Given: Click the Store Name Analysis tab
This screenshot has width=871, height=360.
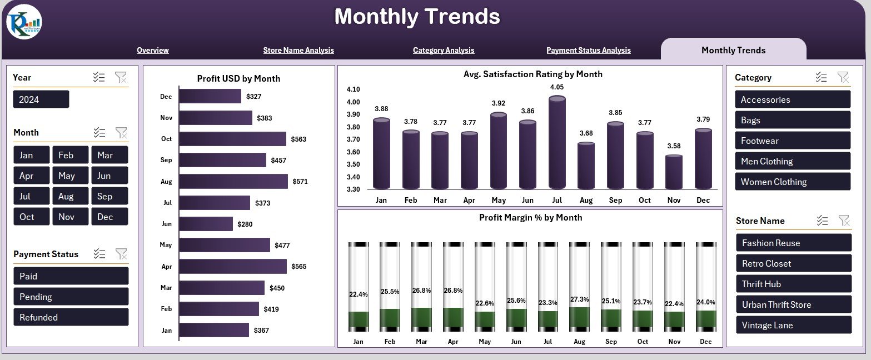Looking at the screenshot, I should tap(298, 50).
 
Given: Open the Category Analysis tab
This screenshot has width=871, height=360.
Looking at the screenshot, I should tap(443, 50).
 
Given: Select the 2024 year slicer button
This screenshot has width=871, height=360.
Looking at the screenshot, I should tap(41, 99).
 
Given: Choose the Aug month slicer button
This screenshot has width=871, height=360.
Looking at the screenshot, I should tap(71, 196).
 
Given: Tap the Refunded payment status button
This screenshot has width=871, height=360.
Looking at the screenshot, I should tap(71, 317).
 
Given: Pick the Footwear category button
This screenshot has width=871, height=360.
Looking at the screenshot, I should tap(792, 141).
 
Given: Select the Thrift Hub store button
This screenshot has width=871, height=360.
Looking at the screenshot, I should tap(793, 284).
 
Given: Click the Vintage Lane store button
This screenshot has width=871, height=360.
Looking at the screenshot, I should tap(793, 325).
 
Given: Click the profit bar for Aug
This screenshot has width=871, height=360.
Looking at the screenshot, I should tap(233, 181).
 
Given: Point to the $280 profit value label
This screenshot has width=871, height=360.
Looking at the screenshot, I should tap(245, 224).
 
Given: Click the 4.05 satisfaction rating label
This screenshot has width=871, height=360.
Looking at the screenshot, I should tap(557, 87).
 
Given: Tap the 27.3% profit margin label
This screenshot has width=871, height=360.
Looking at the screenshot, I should tap(580, 299).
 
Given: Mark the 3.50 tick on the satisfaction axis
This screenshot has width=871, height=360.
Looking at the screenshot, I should tap(353, 164).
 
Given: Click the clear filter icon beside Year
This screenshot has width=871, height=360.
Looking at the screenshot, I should tap(121, 77).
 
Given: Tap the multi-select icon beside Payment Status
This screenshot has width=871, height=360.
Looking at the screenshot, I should tap(99, 254).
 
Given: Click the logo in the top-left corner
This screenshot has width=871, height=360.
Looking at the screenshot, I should tap(24, 22).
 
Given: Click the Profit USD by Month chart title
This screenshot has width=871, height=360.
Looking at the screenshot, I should tap(238, 78).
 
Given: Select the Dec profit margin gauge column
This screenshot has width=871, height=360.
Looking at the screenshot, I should tap(706, 287).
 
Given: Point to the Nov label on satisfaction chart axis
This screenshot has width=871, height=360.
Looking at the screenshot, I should tap(674, 200).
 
